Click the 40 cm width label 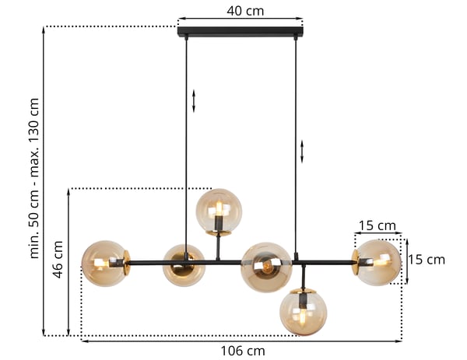pos(245,12)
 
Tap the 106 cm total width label pos(242,351)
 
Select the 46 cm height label pos(58,260)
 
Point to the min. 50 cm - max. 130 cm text pos(34,178)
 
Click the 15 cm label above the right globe pos(377,225)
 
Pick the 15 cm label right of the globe pos(427,260)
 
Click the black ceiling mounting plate pos(241,32)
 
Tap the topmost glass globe pos(219,211)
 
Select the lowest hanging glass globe pos(304,313)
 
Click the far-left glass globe pos(104,264)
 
